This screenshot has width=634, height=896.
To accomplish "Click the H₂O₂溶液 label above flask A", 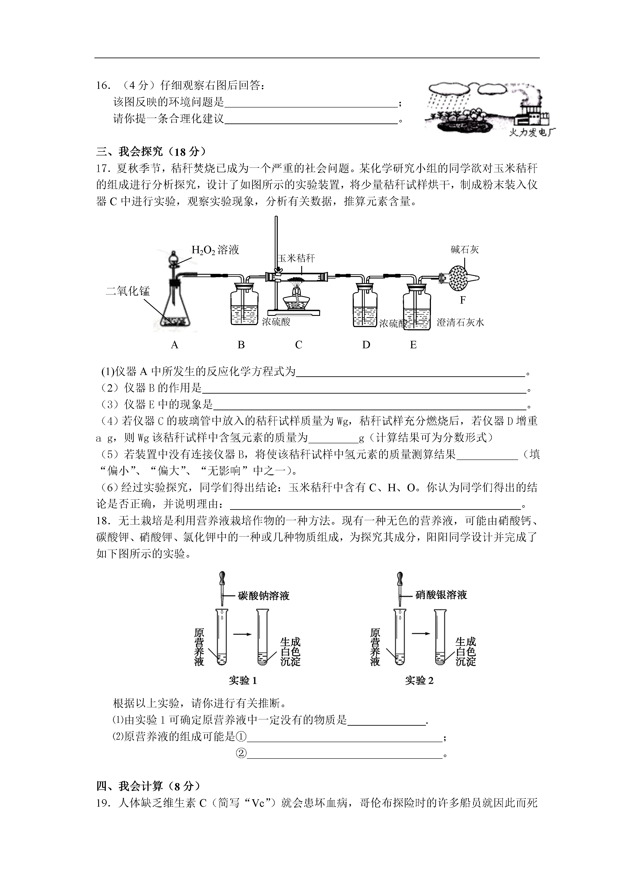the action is click(215, 250).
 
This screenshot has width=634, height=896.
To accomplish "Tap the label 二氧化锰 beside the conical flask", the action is click(128, 291).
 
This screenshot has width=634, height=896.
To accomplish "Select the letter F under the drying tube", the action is click(463, 300).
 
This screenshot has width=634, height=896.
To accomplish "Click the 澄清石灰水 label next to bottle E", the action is click(460, 322).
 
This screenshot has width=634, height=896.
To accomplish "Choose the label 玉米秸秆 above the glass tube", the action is click(296, 258).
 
